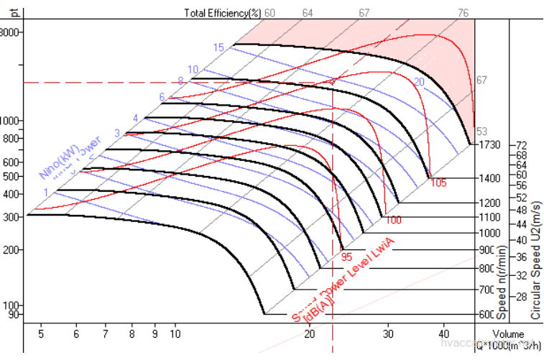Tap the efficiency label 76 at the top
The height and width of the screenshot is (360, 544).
pyautogui.click(x=464, y=12)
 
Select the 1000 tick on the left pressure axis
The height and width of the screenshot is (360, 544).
pyautogui.click(x=11, y=121)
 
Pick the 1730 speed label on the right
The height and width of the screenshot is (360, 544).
pyautogui.click(x=489, y=145)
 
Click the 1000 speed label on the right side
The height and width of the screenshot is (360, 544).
pyautogui.click(x=489, y=234)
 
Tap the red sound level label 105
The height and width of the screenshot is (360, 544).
pyautogui.click(x=438, y=183)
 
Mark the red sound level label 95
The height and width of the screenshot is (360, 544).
pyautogui.click(x=346, y=255)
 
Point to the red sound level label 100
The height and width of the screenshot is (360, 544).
pyautogui.click(x=393, y=220)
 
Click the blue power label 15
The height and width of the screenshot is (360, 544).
pyautogui.click(x=218, y=47)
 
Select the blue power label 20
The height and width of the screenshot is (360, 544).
pyautogui.click(x=419, y=83)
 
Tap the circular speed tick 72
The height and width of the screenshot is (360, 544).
pyautogui.click(x=522, y=145)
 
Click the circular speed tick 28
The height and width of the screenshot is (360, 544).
pyautogui.click(x=522, y=297)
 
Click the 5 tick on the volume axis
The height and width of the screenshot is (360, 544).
pyautogui.click(x=41, y=334)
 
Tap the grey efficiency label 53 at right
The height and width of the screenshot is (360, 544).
pyautogui.click(x=481, y=131)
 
